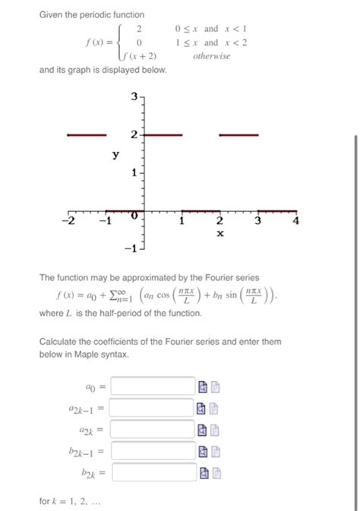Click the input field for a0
pos(153,386)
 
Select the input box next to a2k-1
pos(153,408)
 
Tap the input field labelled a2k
pos(153,430)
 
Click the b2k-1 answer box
pos(153,452)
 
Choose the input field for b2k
pos(153,473)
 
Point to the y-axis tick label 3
pos(134,96)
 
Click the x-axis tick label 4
pos(296,221)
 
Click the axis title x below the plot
pos(219,234)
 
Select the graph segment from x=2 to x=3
pos(238,135)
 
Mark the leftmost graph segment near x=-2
pos(86,135)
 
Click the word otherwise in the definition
pos(212,56)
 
